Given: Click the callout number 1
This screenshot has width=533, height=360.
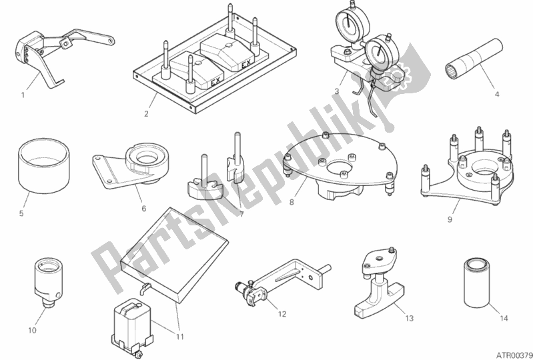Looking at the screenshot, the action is pyautogui.click(x=23, y=95).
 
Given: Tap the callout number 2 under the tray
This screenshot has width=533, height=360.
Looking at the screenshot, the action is pyautogui.click(x=146, y=114).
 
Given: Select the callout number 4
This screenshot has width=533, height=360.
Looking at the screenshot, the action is pyautogui.click(x=496, y=95).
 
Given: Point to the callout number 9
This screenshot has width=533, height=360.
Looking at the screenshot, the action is pyautogui.click(x=450, y=220).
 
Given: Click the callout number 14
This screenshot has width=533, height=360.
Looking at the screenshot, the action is pyautogui.click(x=504, y=318).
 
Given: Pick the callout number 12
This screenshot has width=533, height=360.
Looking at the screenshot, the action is pyautogui.click(x=282, y=314).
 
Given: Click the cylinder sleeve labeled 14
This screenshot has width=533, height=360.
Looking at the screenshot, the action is pyautogui.click(x=476, y=283).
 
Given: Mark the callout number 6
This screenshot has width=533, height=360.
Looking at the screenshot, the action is pyautogui.click(x=144, y=208).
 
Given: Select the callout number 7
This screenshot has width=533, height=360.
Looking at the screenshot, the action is pyautogui.click(x=241, y=214).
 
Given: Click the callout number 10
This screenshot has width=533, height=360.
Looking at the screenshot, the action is pyautogui.click(x=32, y=330).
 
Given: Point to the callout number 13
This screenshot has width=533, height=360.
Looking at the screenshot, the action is pyautogui.click(x=410, y=318).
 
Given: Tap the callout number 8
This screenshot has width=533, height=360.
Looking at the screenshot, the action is pyautogui.click(x=292, y=202).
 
